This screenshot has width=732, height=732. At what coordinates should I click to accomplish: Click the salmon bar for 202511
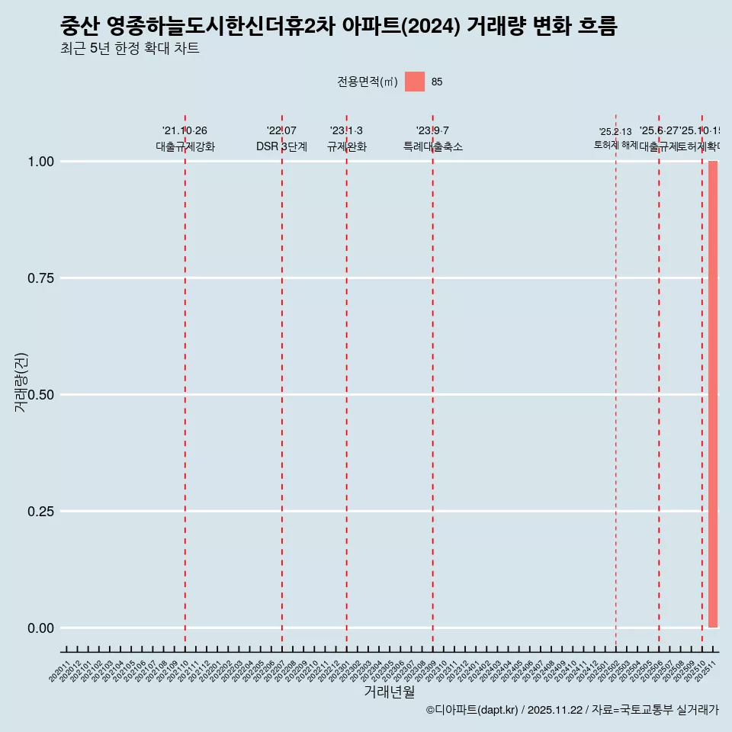tap(713, 394)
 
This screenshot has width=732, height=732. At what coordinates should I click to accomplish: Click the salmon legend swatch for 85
tap(415, 82)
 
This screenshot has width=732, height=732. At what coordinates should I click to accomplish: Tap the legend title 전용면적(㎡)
tap(367, 82)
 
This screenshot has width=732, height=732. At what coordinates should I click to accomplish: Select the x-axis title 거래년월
tap(390, 692)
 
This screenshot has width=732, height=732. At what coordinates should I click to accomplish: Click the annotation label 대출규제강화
tap(185, 146)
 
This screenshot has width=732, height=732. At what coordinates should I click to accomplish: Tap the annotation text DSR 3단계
tap(281, 146)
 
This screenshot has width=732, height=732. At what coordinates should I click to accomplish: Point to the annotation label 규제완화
tap(347, 146)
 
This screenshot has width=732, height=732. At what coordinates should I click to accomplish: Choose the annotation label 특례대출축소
tap(433, 146)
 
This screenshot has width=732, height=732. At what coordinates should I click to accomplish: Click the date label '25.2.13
tap(615, 132)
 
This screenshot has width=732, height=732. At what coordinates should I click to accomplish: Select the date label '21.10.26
tap(185, 131)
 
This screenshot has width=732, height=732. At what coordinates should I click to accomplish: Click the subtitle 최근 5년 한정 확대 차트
tap(130, 49)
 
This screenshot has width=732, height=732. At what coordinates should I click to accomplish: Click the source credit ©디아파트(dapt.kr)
tap(472, 710)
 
